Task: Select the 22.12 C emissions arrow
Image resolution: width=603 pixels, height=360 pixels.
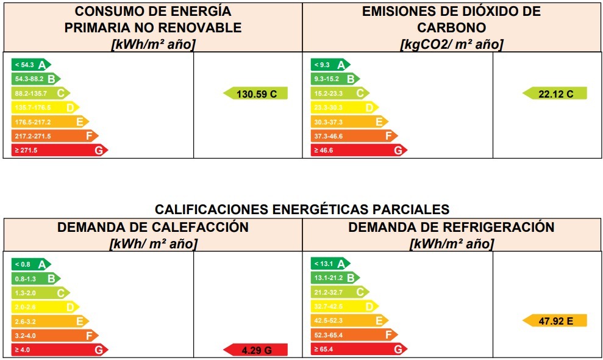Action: coord(555,94)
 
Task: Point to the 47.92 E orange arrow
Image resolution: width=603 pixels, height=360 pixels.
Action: coord(555,321)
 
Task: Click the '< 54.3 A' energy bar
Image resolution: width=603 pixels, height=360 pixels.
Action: coord(30,65)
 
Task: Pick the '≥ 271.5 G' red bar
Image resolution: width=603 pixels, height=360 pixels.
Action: coord(59,150)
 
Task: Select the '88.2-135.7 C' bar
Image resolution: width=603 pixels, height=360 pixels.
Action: coord(40,93)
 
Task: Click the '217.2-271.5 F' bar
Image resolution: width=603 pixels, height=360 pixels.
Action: coord(54,136)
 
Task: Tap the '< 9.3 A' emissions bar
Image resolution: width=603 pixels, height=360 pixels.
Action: coord(330,65)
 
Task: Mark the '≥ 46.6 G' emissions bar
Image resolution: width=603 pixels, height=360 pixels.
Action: coord(358,150)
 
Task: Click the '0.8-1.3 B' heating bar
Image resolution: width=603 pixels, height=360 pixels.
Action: coord(35,279)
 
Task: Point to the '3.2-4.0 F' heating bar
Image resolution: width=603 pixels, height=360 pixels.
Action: coord(54,336)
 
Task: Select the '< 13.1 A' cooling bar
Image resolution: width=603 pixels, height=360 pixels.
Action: coord(330,264)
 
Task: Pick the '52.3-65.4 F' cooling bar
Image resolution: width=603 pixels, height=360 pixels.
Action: coord(354,336)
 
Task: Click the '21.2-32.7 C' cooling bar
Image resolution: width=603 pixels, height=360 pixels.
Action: coord(339,293)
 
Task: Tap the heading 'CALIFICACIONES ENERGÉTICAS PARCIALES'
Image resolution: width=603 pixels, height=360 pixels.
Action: coord(302,209)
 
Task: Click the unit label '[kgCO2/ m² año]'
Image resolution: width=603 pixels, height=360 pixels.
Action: coord(452,45)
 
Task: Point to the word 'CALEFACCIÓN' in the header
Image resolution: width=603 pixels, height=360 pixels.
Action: coord(201,228)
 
